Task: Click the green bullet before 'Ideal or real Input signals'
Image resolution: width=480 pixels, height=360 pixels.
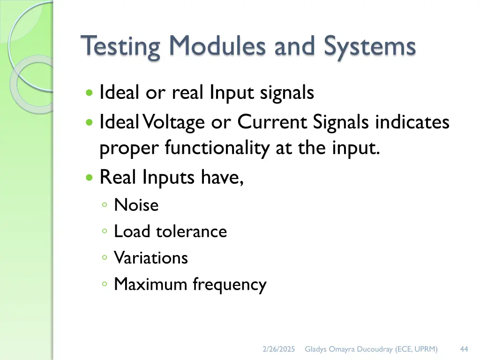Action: pyautogui.click(x=90, y=93)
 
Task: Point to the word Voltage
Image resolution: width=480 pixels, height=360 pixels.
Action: pyautogui.click(x=173, y=123)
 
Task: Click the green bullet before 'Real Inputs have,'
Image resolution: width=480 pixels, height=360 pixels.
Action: pyautogui.click(x=90, y=178)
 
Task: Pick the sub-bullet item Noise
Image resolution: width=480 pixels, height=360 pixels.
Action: pyautogui.click(x=136, y=205)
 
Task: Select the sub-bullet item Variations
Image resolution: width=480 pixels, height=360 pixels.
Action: pyautogui.click(x=151, y=257)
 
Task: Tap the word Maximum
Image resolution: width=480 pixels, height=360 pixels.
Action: pyautogui.click(x=151, y=284)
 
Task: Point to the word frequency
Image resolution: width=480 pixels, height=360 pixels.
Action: pyautogui.click(x=230, y=285)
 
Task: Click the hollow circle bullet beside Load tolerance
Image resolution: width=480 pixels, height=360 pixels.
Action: pyautogui.click(x=105, y=232)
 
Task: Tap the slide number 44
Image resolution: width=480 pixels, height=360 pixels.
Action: pyautogui.click(x=464, y=349)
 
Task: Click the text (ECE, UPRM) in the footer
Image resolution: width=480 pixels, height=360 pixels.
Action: pyautogui.click(x=416, y=349)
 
